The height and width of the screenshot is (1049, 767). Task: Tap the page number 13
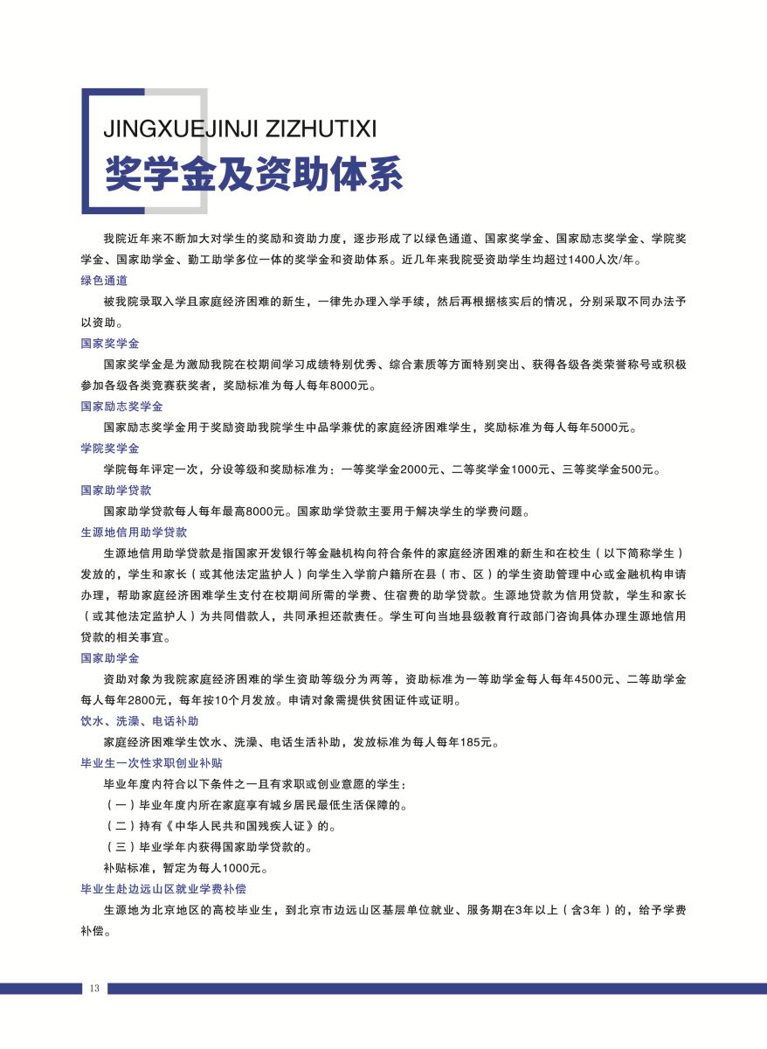(93, 989)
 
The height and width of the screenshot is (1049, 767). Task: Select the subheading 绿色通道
(104, 281)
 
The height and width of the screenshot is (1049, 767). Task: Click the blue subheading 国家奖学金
(110, 344)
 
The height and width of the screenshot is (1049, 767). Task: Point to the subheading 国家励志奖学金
(121, 406)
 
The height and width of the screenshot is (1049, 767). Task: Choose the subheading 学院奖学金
(110, 448)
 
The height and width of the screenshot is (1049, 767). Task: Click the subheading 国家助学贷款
(115, 490)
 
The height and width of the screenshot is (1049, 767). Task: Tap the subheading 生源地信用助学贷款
(134, 531)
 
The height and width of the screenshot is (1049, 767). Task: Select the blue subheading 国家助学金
(110, 657)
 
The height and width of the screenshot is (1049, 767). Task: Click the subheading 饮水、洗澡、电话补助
(140, 721)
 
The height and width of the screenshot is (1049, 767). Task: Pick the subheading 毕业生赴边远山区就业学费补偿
(163, 888)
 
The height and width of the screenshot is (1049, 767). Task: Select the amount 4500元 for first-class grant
(613, 679)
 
